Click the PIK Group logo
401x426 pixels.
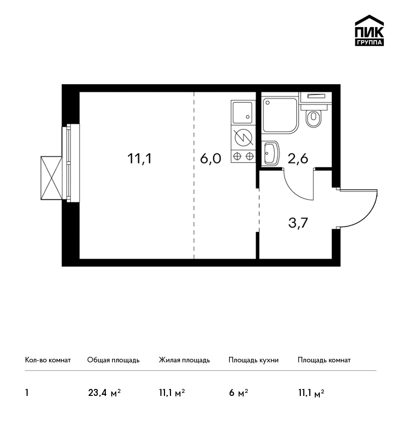click(x=369, y=31)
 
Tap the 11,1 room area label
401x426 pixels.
click(x=139, y=158)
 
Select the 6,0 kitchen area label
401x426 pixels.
click(x=211, y=158)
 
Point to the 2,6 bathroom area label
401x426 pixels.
click(x=298, y=158)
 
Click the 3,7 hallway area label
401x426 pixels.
click(x=298, y=223)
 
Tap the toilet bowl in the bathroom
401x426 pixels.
click(x=313, y=118)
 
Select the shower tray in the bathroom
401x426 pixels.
click(x=280, y=115)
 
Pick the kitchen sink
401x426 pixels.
click(x=243, y=112)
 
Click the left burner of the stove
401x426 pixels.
click(x=237, y=156)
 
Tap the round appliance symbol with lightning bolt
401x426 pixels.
click(x=244, y=137)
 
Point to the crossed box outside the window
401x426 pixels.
click(x=51, y=178)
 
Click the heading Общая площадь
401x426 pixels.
click(x=113, y=360)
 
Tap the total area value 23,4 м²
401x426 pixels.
click(x=104, y=393)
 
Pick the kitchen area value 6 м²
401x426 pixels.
click(x=239, y=393)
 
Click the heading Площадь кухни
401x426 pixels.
click(x=254, y=360)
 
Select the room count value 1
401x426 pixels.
click(x=27, y=393)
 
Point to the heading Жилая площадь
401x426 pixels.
click(x=184, y=360)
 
